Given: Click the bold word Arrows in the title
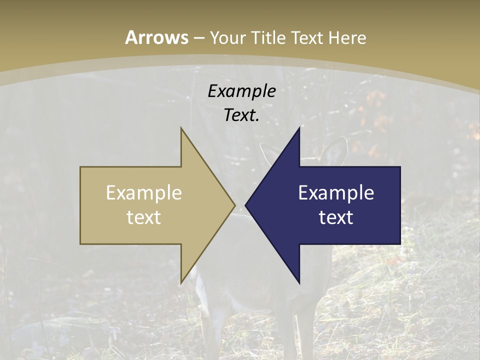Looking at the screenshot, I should click(156, 37).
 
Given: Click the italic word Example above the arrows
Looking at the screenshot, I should click(241, 91).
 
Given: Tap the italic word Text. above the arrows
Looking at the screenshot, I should click(241, 115).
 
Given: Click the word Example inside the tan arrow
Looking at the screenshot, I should click(144, 192).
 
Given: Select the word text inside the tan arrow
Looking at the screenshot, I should click(144, 217).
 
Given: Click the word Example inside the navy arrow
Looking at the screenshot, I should click(336, 192).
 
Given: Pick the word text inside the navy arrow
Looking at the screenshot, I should click(336, 217).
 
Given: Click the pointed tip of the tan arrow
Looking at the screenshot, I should click(234, 205).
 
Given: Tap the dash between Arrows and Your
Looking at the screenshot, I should click(198, 38).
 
